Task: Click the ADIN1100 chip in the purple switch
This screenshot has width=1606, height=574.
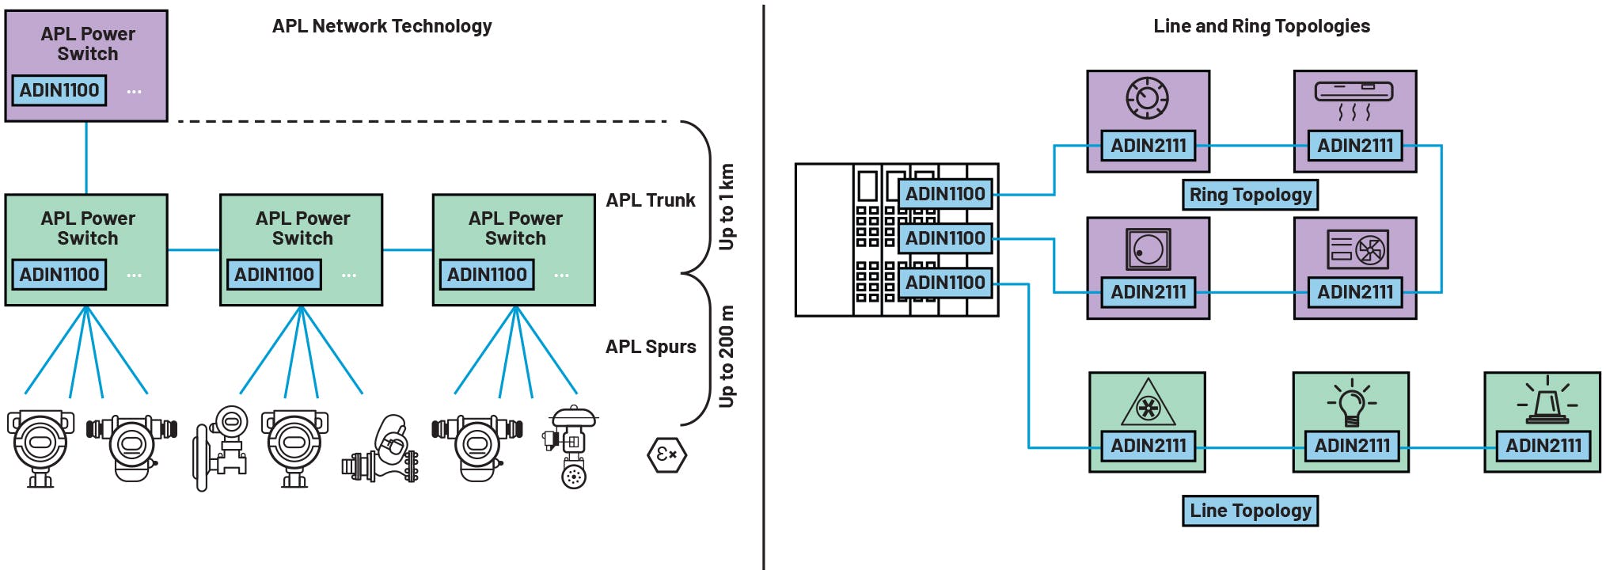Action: (x=59, y=90)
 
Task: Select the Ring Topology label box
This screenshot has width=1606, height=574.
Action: (x=1250, y=195)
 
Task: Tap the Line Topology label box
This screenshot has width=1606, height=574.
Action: (x=1250, y=511)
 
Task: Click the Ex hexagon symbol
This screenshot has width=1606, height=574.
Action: (x=666, y=454)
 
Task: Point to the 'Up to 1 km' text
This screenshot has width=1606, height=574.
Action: (x=726, y=207)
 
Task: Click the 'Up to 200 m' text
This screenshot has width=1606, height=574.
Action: (x=726, y=356)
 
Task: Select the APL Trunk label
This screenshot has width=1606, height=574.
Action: (x=650, y=200)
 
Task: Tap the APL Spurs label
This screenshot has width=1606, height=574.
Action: (x=650, y=347)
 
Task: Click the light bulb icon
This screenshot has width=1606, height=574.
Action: (x=1351, y=403)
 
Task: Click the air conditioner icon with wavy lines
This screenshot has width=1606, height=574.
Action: (x=1354, y=100)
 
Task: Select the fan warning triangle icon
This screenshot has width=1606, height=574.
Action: (x=1148, y=405)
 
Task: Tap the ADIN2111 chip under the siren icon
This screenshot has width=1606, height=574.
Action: (x=1543, y=446)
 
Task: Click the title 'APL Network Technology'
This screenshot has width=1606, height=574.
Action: (x=382, y=26)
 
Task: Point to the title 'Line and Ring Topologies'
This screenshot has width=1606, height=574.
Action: (x=1261, y=26)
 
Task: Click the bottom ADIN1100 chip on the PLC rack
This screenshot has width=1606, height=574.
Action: (x=945, y=283)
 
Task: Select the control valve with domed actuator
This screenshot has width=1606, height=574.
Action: (x=571, y=447)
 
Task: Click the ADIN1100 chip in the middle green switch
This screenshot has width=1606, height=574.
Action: (x=274, y=275)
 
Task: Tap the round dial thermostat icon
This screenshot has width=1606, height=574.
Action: (x=1148, y=98)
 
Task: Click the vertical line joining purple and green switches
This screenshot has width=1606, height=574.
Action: (x=86, y=158)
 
